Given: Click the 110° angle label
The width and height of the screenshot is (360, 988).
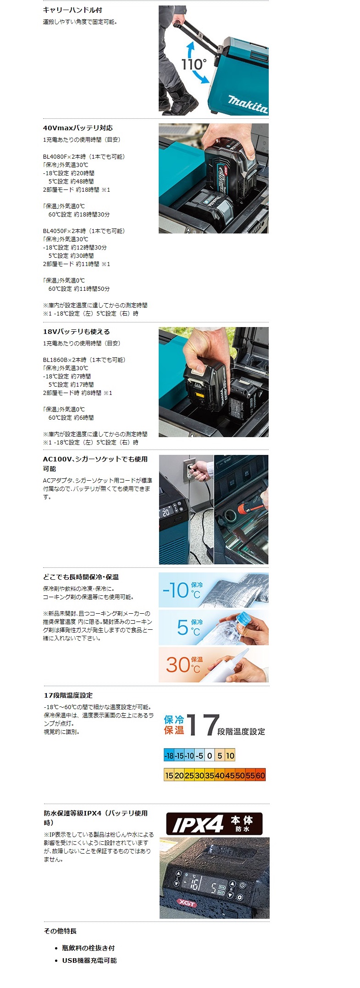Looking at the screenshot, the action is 194,64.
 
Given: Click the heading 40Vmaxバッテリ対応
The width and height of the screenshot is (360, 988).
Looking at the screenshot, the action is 78,128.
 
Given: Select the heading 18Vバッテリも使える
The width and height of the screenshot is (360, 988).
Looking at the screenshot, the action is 77,332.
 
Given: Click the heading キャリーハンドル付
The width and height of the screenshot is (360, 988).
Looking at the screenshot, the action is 72,10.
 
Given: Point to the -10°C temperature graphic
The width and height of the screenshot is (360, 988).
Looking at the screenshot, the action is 182,590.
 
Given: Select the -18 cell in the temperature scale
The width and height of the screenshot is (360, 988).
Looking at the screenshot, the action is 169,755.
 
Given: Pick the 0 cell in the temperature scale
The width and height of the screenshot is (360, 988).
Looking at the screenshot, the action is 210,755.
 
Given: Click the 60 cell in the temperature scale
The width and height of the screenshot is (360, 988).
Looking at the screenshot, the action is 260,775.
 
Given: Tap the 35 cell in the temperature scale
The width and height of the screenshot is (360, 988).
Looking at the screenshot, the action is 210,775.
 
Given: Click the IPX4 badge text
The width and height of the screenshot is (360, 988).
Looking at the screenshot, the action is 198,824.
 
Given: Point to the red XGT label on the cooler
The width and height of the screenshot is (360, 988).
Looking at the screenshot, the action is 187,904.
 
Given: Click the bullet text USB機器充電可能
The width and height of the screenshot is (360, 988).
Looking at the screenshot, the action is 89,960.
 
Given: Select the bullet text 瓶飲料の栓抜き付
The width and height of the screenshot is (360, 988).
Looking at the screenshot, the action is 89,948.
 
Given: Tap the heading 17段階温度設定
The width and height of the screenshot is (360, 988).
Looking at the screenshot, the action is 68,695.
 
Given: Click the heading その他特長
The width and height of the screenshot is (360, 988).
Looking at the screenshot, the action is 60,931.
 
